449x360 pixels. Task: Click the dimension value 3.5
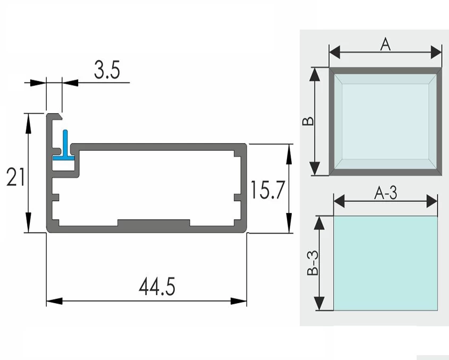(107, 71)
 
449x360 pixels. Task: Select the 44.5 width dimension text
(157, 287)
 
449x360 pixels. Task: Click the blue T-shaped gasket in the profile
(65, 148)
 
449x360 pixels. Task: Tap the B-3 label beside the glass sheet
(313, 263)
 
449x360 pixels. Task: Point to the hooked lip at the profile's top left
(54, 116)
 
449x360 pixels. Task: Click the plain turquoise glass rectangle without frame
(385, 263)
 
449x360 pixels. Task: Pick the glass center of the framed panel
(385, 121)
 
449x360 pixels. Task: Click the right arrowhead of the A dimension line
(437, 52)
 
